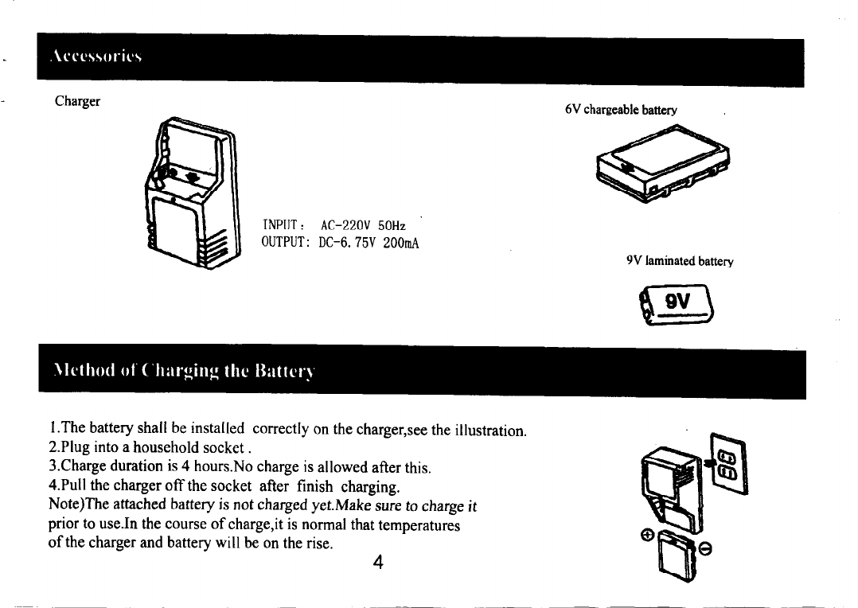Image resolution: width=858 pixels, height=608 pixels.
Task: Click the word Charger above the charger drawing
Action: pyautogui.click(x=77, y=102)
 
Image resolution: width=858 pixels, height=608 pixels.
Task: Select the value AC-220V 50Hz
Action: pyautogui.click(x=361, y=227)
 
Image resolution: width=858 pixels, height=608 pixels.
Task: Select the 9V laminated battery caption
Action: pyautogui.click(x=680, y=260)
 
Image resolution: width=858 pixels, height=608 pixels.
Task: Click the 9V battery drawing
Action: pyautogui.click(x=677, y=306)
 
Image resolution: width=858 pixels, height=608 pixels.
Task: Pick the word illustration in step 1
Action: pyautogui.click(x=489, y=431)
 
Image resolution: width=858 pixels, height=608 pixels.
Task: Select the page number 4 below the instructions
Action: pyautogui.click(x=378, y=563)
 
